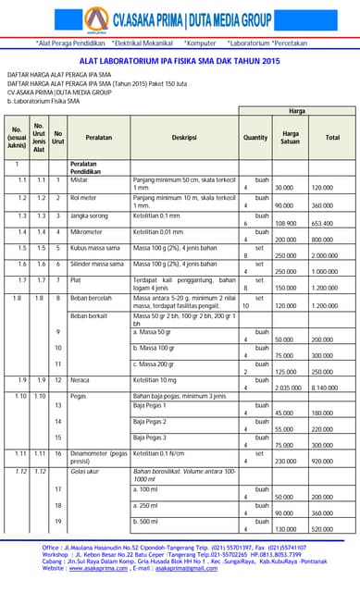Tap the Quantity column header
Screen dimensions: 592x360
tap(255, 137)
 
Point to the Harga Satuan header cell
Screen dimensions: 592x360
tap(291, 137)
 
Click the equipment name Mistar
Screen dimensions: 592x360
tap(80, 179)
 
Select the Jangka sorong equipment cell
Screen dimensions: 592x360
tap(91, 215)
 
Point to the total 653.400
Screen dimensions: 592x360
tap(322, 223)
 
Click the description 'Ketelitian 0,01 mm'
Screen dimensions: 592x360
tap(158, 232)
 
